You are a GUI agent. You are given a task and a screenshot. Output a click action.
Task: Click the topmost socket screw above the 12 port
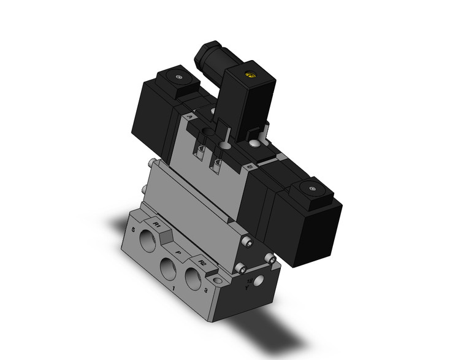tap(247, 242)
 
